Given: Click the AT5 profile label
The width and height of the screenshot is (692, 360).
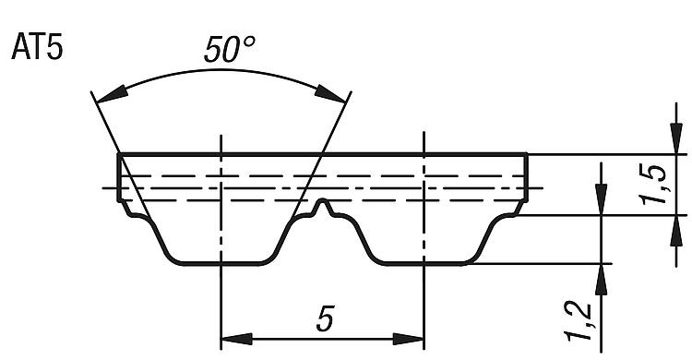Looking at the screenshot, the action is pos(38,47).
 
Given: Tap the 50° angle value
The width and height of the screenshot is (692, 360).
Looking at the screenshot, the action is pos(230,49).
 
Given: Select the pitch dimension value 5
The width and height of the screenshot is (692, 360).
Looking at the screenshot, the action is pos(325,318).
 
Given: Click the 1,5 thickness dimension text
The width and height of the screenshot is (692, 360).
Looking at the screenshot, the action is pos(654,185).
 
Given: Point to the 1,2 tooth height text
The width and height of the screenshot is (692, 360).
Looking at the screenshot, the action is pos(579,321).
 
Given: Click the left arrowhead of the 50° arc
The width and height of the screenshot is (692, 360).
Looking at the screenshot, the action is pos(112,96).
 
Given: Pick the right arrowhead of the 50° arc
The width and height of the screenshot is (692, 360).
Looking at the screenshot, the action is pos(329,93).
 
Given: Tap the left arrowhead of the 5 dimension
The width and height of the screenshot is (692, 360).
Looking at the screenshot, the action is pos(236,340).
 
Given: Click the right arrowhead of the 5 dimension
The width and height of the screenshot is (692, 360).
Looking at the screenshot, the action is pos(408,340).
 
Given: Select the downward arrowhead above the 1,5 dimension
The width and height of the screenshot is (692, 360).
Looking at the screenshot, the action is pos(676,138).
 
